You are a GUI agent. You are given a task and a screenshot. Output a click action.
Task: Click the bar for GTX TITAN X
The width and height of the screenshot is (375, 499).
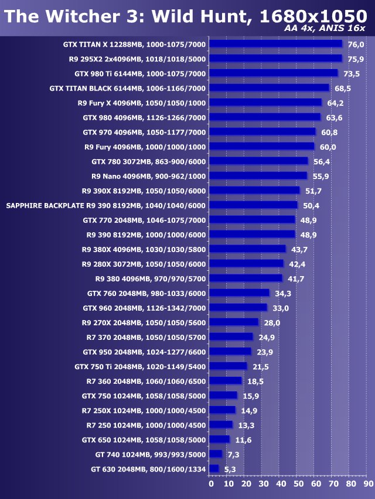point(275,44)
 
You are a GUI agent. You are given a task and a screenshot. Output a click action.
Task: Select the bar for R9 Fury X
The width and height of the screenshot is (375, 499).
point(265,102)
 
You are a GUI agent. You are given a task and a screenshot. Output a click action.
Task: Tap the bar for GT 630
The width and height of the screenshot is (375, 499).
point(214,469)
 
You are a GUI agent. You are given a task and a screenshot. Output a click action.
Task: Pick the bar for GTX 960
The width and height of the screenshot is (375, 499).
point(238,308)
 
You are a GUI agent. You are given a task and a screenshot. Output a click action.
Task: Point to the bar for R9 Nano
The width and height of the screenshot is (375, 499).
point(258,175)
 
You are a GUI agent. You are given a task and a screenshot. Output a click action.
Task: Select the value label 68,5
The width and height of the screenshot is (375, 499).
point(343,88)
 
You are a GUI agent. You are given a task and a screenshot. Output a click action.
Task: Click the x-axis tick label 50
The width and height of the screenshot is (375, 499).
point(298,484)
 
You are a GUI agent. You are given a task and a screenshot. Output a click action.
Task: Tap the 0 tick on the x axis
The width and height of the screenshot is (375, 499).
point(211,484)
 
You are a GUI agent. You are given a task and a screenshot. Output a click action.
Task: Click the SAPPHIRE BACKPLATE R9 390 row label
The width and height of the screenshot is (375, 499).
point(105,205)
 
